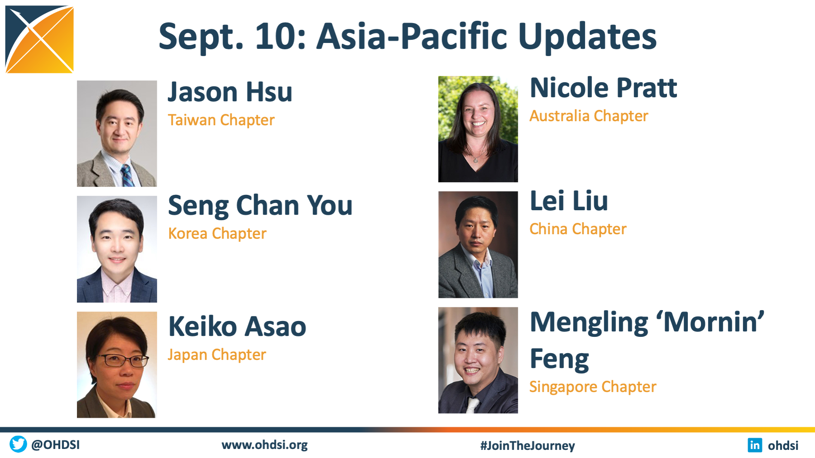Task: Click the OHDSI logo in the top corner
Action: click(x=39, y=39)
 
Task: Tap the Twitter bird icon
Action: click(x=18, y=444)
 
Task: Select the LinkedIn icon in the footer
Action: click(x=755, y=445)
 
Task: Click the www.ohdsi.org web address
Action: click(x=264, y=445)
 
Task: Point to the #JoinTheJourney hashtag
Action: click(x=528, y=445)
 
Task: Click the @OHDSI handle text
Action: click(x=55, y=445)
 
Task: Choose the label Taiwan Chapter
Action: click(x=221, y=120)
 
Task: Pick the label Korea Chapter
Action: click(x=217, y=234)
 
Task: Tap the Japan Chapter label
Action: click(x=217, y=355)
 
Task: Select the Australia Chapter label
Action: click(x=589, y=116)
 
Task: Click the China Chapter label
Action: click(x=578, y=229)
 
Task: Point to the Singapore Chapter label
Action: click(x=593, y=387)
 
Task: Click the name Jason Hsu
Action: click(x=230, y=92)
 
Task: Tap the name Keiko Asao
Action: click(x=238, y=326)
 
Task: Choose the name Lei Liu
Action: click(x=569, y=201)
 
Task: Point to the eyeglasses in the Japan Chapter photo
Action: click(x=123, y=360)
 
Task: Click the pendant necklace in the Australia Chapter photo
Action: click(x=476, y=158)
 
